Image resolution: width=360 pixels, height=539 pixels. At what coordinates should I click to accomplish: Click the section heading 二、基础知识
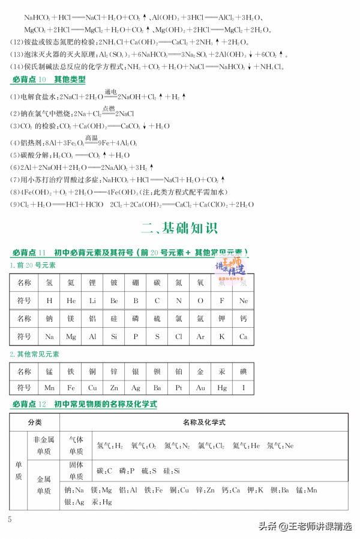pos(179,228)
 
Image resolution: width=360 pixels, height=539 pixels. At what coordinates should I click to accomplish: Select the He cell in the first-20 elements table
pos(71,301)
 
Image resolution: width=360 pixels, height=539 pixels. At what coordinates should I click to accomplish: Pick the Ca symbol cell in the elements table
pos(243,337)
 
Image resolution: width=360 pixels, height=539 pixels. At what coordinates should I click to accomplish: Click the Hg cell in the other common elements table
pos(222,388)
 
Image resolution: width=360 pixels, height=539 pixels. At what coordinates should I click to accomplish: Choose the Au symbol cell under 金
pos(200,388)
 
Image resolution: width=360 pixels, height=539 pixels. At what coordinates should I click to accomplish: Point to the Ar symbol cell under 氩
pos(200,337)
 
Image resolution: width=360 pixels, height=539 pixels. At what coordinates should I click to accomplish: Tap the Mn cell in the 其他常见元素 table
pos(49,388)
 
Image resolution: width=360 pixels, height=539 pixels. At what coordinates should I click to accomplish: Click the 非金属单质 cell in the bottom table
pos(44,446)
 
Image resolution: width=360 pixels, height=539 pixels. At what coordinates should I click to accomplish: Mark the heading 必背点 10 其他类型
pos(49,80)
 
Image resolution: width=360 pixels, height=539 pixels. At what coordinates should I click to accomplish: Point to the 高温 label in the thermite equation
pos(91,138)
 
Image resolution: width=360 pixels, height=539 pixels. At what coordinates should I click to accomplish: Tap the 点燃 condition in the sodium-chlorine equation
pos(108,108)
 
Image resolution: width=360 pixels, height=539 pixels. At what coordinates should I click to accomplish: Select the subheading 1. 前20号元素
pos(32,265)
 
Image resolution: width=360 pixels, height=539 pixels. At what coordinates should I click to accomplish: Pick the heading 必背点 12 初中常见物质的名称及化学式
pos(85,405)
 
